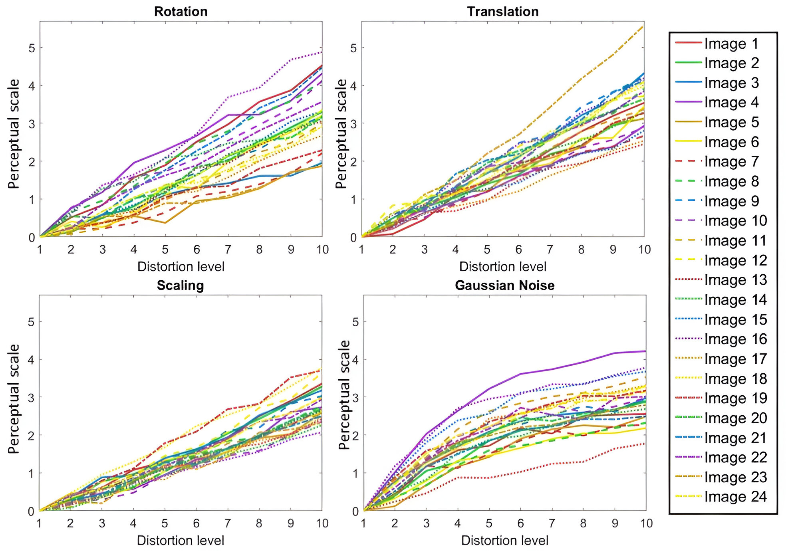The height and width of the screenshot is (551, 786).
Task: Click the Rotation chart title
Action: click(181, 12)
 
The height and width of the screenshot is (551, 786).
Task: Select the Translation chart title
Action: click(502, 12)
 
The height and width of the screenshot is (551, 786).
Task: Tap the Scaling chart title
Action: click(180, 285)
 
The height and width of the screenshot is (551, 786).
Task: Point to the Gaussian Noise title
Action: click(504, 285)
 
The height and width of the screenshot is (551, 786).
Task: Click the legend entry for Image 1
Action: click(731, 44)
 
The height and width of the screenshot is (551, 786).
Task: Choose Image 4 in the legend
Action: click(731, 103)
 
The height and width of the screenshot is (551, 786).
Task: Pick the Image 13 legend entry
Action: click(735, 280)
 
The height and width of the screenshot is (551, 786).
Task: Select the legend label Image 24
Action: click(735, 497)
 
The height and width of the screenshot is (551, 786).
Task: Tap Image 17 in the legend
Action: click(735, 359)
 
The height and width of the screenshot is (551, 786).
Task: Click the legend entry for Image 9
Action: click(731, 201)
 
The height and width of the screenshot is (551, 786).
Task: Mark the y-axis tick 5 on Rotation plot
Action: click(32, 48)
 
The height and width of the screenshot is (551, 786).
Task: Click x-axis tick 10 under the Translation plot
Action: click(644, 250)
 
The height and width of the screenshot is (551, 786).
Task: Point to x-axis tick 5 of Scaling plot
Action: click(165, 523)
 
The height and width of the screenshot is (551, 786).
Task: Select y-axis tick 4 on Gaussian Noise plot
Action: click(355, 360)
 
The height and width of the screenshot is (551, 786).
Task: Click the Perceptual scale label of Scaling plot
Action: click(14, 399)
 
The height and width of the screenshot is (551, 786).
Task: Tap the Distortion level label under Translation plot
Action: click(502, 266)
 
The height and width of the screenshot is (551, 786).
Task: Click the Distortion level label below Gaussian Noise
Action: click(504, 540)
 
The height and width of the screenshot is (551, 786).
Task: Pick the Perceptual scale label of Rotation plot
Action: click(14, 134)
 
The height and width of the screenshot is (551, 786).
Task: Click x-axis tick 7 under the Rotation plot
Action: click(228, 250)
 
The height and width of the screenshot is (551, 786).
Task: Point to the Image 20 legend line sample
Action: click(688, 417)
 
